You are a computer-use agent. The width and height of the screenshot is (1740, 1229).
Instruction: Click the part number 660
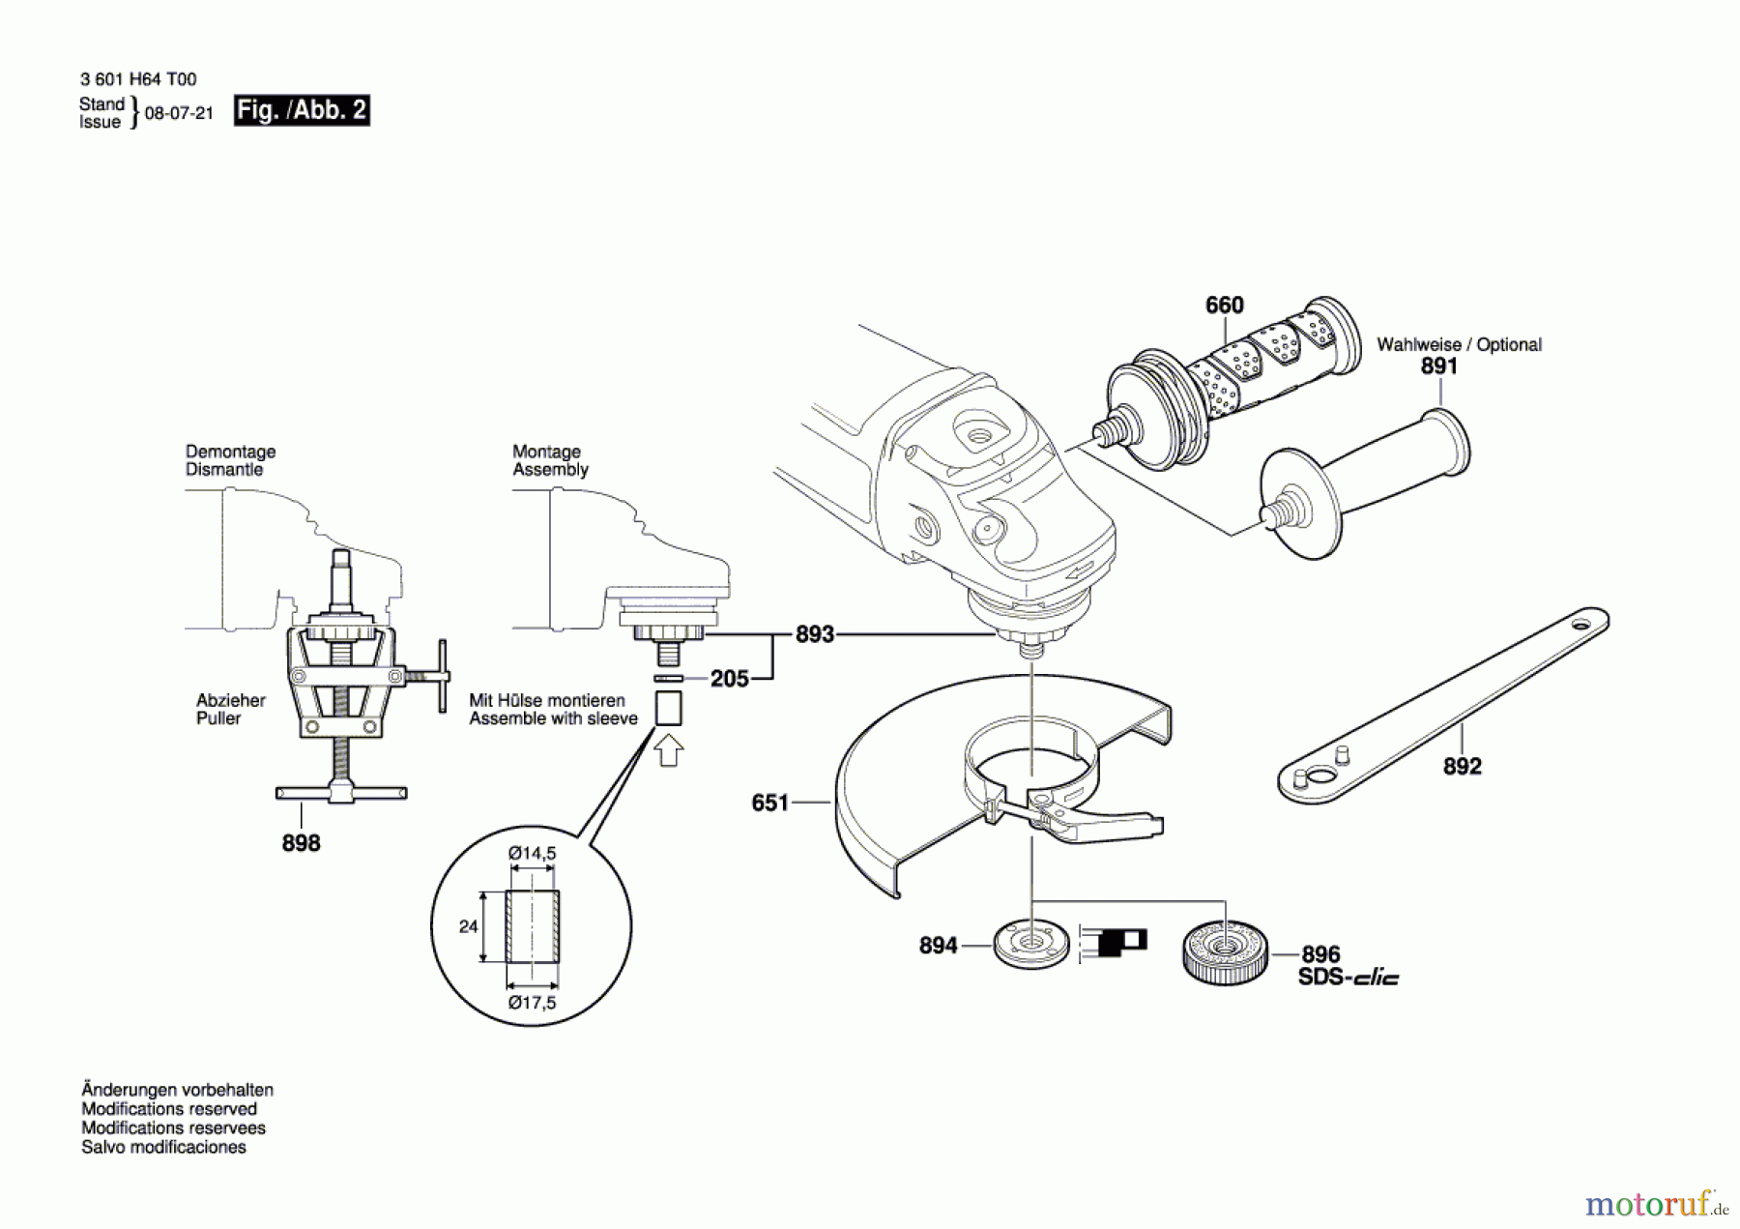tap(1224, 306)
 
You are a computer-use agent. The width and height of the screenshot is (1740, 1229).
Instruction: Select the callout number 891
tap(1438, 366)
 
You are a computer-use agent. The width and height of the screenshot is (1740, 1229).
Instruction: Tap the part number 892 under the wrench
tap(1462, 767)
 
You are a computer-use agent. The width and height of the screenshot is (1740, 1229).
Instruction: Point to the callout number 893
tap(814, 635)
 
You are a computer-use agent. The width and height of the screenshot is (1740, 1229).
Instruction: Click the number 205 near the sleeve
tap(730, 679)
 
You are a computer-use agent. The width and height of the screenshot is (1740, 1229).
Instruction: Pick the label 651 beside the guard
tap(770, 803)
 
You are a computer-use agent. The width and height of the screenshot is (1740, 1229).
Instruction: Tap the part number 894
tap(938, 946)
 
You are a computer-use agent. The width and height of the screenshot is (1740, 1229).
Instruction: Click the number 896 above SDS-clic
tap(1320, 954)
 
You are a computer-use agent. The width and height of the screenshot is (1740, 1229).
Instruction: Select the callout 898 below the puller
tap(301, 843)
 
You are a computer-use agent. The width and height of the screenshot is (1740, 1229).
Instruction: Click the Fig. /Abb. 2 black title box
tap(302, 110)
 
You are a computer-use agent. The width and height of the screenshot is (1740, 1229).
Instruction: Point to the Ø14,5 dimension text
tap(533, 854)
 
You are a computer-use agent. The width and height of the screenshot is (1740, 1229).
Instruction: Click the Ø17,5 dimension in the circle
tap(533, 1003)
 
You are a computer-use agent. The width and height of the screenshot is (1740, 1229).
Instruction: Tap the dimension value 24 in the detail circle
tap(469, 926)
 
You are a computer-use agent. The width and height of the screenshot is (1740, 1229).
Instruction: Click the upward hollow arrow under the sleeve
tap(669, 750)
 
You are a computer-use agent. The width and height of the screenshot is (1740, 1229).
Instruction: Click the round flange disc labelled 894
tap(1031, 944)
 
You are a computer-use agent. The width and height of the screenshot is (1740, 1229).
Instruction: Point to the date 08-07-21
tap(179, 113)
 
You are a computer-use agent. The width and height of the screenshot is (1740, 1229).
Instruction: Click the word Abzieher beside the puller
tap(230, 700)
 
